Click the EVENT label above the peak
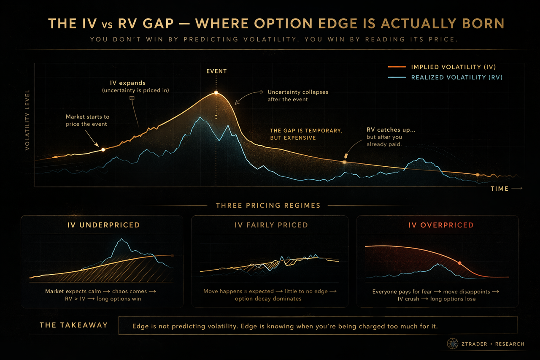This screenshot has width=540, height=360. [x=216, y=71]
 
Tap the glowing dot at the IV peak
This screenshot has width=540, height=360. [x=216, y=92]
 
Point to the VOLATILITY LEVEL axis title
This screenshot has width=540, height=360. [x=27, y=120]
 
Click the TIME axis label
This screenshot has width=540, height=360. [x=499, y=189]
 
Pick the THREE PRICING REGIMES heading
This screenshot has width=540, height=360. [x=268, y=206]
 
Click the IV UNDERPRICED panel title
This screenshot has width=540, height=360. [x=103, y=225]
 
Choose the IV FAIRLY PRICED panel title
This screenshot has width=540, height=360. [x=271, y=225]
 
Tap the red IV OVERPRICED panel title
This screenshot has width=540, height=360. [x=441, y=225]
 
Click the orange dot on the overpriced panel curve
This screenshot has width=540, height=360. [x=459, y=263]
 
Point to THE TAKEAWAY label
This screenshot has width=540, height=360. [x=73, y=325]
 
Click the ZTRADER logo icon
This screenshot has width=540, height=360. [x=452, y=344]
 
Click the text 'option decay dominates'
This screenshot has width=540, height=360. [x=268, y=299]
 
